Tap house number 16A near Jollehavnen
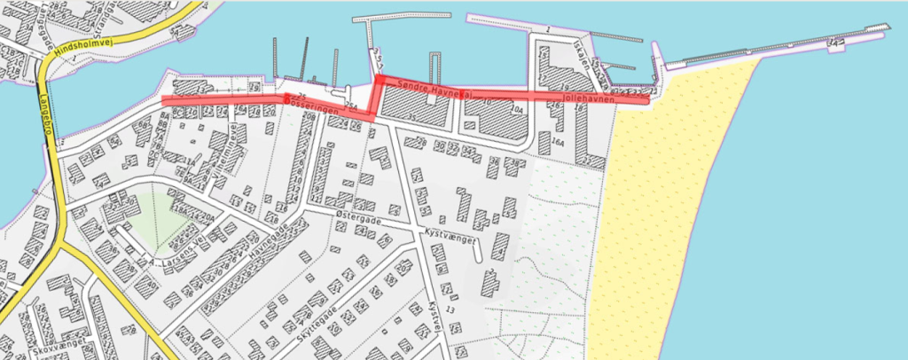[x=558, y=142]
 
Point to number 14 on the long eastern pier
[x=833, y=43]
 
